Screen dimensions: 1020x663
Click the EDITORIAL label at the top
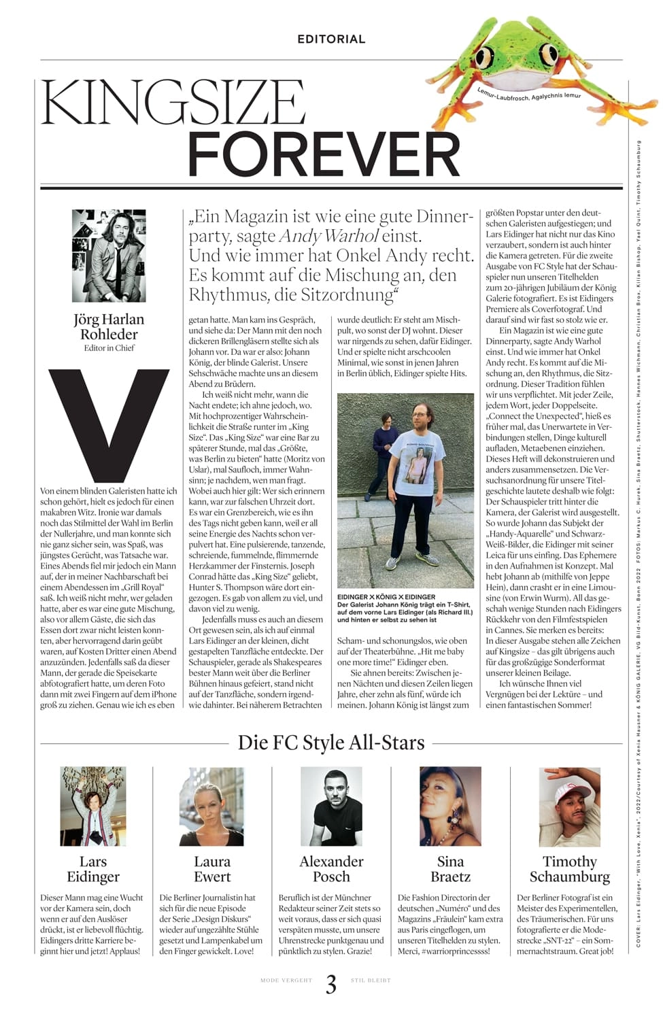pyautogui.click(x=331, y=39)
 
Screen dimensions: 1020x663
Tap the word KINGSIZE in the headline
pyautogui.click(x=173, y=102)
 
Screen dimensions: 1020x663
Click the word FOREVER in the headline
pyautogui.click(x=324, y=154)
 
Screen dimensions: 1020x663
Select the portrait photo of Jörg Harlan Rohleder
pyautogui.click(x=109, y=256)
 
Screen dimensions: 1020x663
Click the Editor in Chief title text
pyautogui.click(x=109, y=348)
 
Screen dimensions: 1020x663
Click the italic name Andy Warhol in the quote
pyautogui.click(x=328, y=237)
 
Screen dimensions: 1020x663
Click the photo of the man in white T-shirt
pyautogui.click(x=406, y=490)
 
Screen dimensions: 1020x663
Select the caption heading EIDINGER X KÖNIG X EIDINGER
pyautogui.click(x=386, y=597)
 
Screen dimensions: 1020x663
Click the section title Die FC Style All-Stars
pyautogui.click(x=331, y=743)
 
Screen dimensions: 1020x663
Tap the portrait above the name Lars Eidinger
pyautogui.click(x=93, y=806)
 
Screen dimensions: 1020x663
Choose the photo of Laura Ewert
pyautogui.click(x=212, y=806)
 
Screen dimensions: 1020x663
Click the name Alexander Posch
pyautogui.click(x=331, y=869)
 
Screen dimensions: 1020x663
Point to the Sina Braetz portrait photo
pyautogui.click(x=450, y=806)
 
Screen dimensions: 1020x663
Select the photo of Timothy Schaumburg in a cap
pyautogui.click(x=569, y=806)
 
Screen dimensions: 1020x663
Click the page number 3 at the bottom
pyautogui.click(x=331, y=984)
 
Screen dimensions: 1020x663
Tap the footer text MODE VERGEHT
pyautogui.click(x=286, y=981)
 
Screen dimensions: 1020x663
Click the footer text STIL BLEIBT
pyautogui.click(x=371, y=981)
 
